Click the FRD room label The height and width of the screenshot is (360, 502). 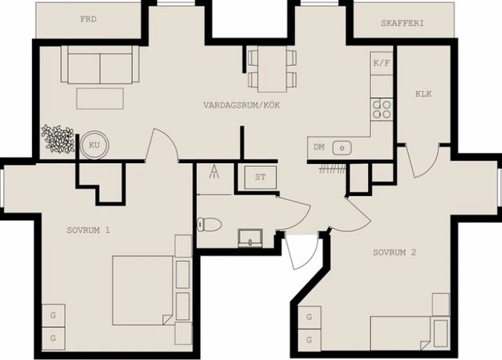point(89,19)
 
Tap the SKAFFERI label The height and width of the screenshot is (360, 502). point(402,24)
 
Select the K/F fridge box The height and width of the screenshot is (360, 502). point(382,62)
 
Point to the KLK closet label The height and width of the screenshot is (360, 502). point(424,94)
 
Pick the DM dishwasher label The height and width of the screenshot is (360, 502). point(318,147)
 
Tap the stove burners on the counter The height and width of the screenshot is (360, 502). point(382,107)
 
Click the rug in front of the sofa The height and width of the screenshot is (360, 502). point(100,99)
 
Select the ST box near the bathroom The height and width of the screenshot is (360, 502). point(260,176)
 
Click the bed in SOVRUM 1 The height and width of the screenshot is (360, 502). point(141,289)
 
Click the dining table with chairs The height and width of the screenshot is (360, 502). point(272,68)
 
